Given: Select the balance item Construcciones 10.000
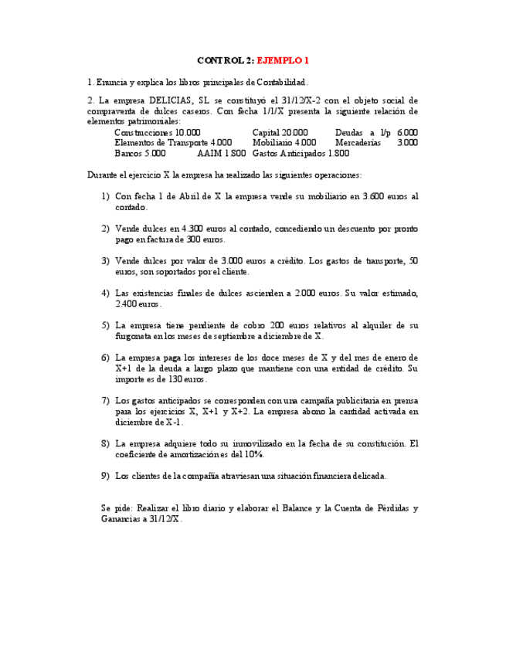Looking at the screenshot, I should [x=157, y=132].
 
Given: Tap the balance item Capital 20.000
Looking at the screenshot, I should [x=280, y=132].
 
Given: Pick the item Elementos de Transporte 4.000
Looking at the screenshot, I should [x=173, y=143].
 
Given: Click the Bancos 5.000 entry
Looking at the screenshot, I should [x=140, y=153].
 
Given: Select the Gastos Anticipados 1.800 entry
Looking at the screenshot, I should [x=301, y=153].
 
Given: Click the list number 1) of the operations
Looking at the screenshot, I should [x=105, y=196].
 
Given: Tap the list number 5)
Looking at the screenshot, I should [x=105, y=326].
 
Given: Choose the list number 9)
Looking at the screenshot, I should [x=105, y=476].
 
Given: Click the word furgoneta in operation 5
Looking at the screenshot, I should [x=134, y=336].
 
